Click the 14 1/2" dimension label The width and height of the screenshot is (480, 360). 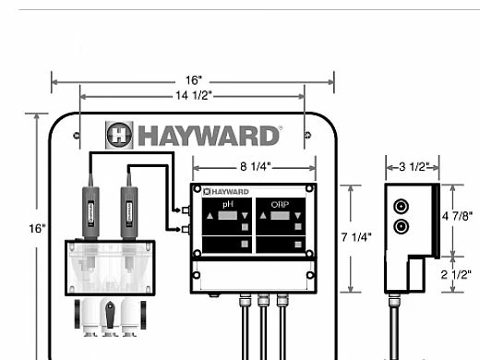point(194,95)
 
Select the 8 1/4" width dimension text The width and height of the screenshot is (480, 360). point(255,166)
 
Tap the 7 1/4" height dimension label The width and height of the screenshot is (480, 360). point(356,237)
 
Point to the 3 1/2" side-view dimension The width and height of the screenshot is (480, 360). point(414,167)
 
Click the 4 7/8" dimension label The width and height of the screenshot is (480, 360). point(457,216)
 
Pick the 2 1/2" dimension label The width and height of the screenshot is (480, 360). point(456,274)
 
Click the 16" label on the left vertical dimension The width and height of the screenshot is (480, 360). point(37,229)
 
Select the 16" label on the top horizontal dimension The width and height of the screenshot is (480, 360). point(194,80)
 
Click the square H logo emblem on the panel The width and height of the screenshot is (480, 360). point(119,135)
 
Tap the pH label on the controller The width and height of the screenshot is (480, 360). point(228,204)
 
